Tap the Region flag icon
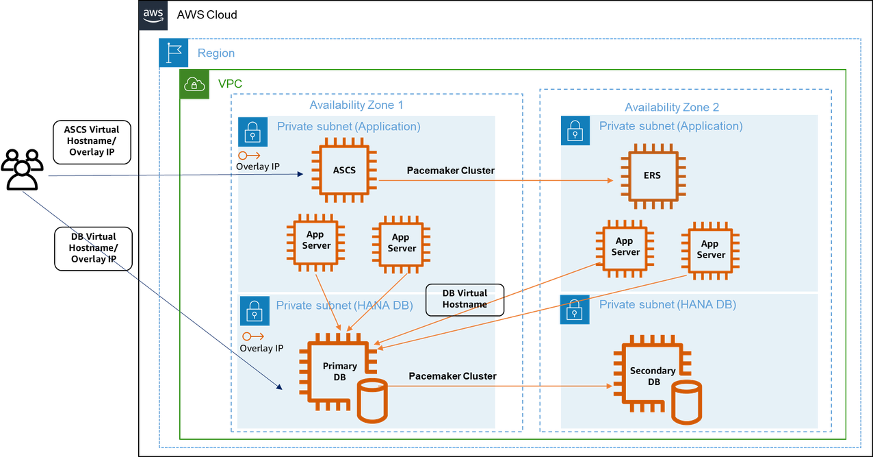pyautogui.click(x=173, y=53)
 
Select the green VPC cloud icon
pyautogui.click(x=194, y=84)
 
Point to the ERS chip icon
pyautogui.click(x=652, y=175)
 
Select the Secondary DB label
pyautogui.click(x=652, y=375)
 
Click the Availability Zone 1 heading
pyautogui.click(x=356, y=105)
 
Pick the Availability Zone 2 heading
pyautogui.click(x=671, y=108)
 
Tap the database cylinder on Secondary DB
pyautogui.click(x=686, y=403)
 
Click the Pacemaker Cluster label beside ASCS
pyautogui.click(x=450, y=171)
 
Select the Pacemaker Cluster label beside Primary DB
pyautogui.click(x=452, y=376)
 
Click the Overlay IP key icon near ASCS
pyautogui.click(x=249, y=156)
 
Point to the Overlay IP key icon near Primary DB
pyautogui.click(x=253, y=336)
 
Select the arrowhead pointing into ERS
pyautogui.click(x=609, y=181)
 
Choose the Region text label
pyautogui.click(x=216, y=53)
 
